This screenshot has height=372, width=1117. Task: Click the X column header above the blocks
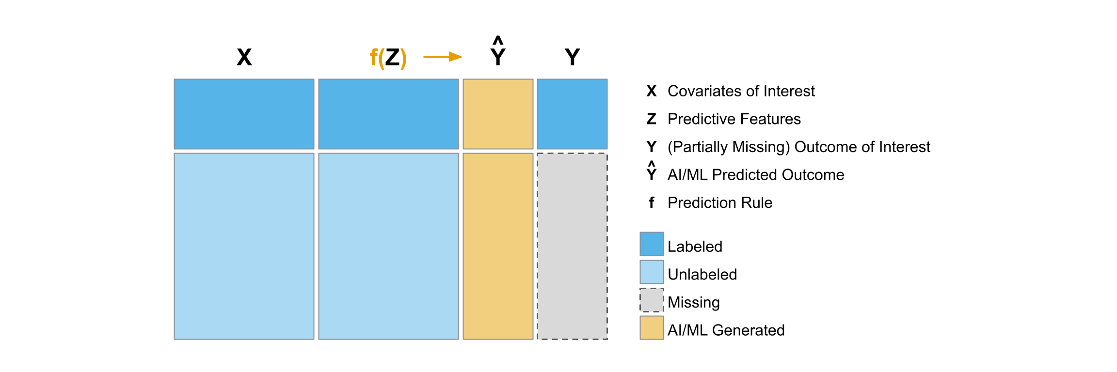tap(244, 57)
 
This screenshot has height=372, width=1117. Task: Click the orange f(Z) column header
tap(388, 58)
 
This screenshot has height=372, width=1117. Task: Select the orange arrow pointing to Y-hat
tap(442, 57)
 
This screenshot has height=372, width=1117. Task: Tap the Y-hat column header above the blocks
tap(498, 53)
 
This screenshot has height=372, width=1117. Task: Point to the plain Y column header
tap(572, 57)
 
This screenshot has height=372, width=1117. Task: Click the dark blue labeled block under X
tap(244, 114)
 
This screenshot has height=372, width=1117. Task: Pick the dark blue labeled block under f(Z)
tap(388, 114)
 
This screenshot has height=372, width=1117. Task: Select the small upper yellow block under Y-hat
tap(498, 114)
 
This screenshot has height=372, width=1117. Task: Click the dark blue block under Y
tap(572, 114)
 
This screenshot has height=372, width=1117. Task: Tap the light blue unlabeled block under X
tap(244, 246)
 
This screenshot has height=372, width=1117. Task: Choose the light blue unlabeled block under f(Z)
tap(388, 246)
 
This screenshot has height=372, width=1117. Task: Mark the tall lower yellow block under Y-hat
tap(498, 246)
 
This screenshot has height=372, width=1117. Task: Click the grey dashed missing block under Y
tap(572, 246)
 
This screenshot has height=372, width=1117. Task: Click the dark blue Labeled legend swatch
tap(651, 244)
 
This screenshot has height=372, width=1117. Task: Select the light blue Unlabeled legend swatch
tap(651, 272)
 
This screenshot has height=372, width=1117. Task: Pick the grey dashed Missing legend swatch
tap(651, 300)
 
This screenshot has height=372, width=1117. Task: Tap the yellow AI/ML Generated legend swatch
tap(651, 327)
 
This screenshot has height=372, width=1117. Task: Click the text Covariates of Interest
tap(741, 91)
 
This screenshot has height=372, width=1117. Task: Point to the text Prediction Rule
tap(719, 202)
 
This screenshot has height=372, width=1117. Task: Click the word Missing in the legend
tap(693, 302)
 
